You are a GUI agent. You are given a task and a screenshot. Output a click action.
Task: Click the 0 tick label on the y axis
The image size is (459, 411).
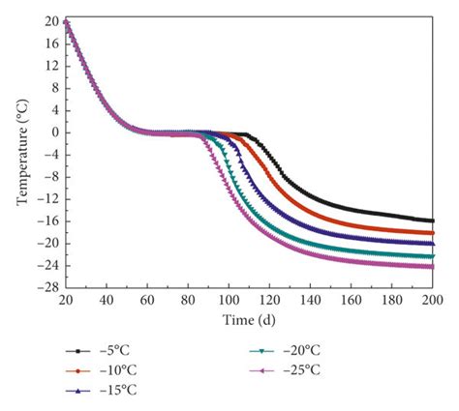pos(54,132)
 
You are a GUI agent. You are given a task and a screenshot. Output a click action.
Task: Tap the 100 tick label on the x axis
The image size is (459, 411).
pos(229,301)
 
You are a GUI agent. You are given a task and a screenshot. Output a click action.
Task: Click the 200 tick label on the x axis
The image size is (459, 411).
pos(433,301)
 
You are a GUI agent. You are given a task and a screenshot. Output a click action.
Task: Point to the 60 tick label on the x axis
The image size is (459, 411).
pos(147,301)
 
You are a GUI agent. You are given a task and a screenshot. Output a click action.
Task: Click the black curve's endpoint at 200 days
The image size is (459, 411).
pos(433,220)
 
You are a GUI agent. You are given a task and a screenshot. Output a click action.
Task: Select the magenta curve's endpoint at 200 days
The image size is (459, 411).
pos(433,267)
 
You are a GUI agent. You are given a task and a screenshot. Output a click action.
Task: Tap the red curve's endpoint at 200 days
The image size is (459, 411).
pos(433,233)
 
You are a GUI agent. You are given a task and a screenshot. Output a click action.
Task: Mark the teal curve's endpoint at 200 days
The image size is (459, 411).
pos(433,256)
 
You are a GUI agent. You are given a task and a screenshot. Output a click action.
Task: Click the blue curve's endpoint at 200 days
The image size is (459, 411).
pos(433,244)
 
